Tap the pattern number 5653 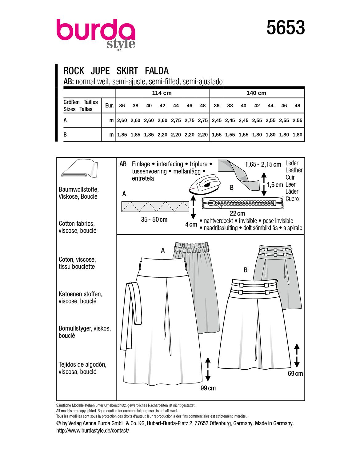286,28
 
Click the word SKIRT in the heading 127,71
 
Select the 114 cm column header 162,93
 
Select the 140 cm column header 256,93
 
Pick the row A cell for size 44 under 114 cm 176,121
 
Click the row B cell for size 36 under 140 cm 217,135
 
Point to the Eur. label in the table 109,105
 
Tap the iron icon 203,186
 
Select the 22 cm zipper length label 237,213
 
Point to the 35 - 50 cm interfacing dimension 154,220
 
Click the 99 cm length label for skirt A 208,388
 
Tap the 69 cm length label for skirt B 295,374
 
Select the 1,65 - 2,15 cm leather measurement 263,165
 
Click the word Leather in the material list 294,170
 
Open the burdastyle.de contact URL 93,430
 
